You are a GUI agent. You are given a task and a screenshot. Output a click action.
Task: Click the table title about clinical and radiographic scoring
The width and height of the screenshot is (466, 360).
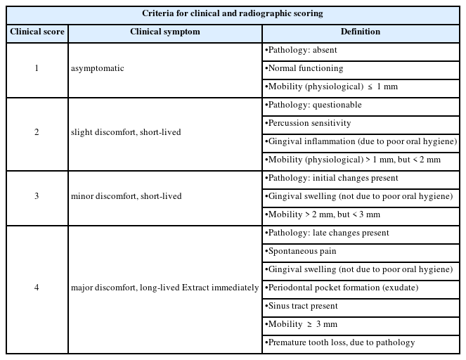pyautogui.click(x=232, y=14)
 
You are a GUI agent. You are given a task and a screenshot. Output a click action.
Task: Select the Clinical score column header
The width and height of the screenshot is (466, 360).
pyautogui.click(x=37, y=32)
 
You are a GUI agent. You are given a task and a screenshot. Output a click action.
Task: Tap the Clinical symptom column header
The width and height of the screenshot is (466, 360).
pyautogui.click(x=164, y=32)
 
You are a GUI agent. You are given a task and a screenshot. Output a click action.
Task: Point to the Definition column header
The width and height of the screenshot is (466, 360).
pyautogui.click(x=361, y=32)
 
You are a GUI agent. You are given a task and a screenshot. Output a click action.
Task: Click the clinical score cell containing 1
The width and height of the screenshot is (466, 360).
pyautogui.click(x=37, y=69)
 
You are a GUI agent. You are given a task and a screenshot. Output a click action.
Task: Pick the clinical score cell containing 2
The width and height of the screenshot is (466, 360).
pyautogui.click(x=37, y=133)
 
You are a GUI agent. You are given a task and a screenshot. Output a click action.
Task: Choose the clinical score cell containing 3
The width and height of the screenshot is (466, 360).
pyautogui.click(x=37, y=196)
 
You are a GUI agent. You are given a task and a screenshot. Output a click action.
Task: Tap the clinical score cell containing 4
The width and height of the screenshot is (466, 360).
pyautogui.click(x=37, y=288)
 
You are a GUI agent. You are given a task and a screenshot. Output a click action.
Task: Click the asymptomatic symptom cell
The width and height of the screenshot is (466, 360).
pyautogui.click(x=97, y=69)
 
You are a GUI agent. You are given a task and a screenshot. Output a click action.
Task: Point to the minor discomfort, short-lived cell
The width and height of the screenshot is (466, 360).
pyautogui.click(x=127, y=196)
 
